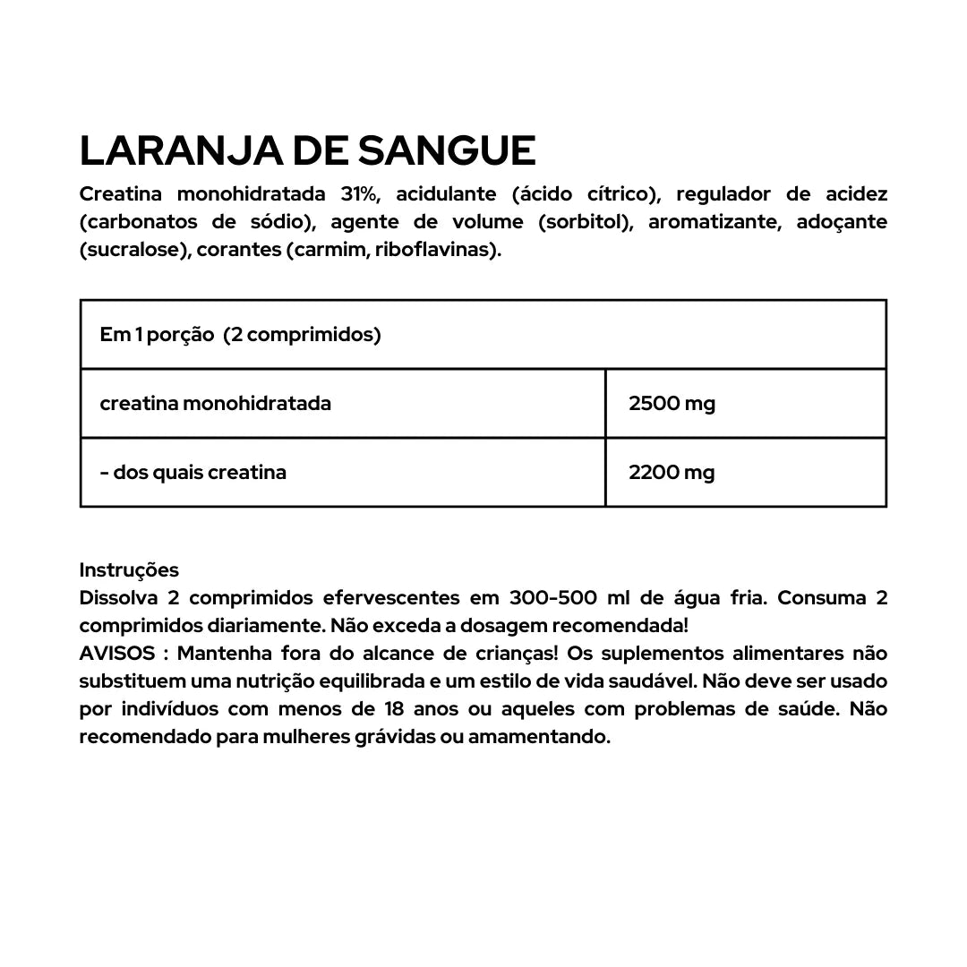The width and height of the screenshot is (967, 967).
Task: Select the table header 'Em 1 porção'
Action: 157,335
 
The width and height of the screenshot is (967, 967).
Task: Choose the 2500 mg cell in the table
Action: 672,404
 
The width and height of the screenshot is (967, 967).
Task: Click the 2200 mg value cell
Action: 672,473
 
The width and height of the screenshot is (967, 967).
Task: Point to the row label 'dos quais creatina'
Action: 200,473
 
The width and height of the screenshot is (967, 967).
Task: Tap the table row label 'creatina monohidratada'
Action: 216,404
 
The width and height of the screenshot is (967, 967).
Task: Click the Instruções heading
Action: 129,570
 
